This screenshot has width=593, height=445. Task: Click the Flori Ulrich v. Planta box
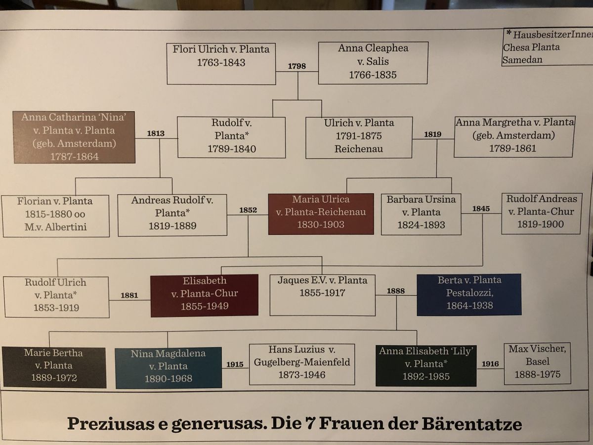point(221,63)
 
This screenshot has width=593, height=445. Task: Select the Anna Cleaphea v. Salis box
point(373,62)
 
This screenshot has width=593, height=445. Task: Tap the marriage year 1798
point(297,66)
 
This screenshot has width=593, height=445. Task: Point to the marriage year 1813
point(156,133)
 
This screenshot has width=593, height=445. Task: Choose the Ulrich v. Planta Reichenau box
point(359,137)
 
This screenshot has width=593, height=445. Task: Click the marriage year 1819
point(432,133)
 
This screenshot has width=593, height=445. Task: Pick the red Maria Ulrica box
point(321,213)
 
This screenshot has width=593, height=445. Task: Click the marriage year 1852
point(248,210)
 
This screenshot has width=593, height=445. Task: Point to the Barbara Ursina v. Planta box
point(421,213)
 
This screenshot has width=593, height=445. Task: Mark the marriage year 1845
point(481,209)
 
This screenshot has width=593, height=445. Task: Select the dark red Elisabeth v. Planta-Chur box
point(205,294)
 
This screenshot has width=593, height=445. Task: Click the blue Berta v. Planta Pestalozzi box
point(469,294)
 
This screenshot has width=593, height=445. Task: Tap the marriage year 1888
point(396,291)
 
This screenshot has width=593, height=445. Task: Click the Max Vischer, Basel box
point(537,363)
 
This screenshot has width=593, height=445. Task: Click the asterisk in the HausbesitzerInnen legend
point(508,33)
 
